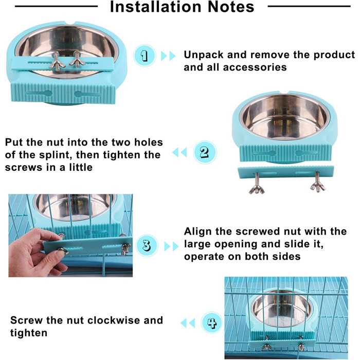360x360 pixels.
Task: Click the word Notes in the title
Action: (231, 7)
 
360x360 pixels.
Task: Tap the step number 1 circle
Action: (145, 56)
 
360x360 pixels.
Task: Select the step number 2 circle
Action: (205, 152)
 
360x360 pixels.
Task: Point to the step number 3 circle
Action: (147, 245)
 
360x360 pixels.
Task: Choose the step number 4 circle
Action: (212, 322)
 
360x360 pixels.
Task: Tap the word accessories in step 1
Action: (255, 67)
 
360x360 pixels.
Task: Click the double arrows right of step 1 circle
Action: (168, 56)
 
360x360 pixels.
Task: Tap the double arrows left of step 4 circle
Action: (188, 323)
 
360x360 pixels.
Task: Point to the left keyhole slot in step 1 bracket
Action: (40, 93)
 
